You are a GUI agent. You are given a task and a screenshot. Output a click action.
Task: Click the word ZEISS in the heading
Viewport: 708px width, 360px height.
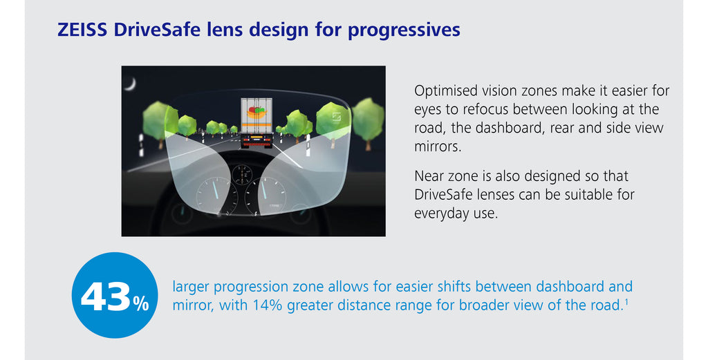pos(82,30)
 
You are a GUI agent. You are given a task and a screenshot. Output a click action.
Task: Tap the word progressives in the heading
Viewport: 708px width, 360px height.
pos(404,30)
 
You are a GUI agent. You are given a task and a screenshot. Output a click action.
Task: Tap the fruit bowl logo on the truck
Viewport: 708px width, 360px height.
pos(256,112)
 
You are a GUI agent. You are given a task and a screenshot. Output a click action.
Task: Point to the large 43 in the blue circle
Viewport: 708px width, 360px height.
pos(106,296)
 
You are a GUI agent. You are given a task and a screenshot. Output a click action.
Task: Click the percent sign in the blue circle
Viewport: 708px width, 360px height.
pos(141,303)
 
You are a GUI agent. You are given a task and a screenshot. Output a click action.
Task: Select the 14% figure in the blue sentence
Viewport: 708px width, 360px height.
pos(268,305)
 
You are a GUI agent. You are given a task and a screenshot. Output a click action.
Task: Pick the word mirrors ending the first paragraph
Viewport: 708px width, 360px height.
pos(438,146)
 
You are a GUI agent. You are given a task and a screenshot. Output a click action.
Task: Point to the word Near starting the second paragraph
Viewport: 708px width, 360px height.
pos(431,176)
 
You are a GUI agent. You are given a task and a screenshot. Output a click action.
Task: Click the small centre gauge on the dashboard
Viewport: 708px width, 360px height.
pos(243,175)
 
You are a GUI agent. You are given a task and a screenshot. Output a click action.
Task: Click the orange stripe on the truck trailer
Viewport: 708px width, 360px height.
pos(257,124)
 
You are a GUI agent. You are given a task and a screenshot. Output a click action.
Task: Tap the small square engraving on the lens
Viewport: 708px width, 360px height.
pos(337,116)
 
